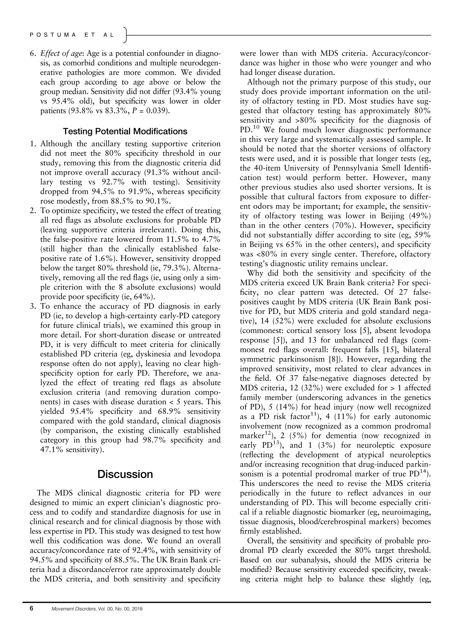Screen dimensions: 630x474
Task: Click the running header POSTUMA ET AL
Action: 72,35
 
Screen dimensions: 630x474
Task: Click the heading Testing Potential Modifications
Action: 125,131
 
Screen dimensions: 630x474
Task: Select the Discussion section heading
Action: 125,474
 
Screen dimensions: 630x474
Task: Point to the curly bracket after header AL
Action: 125,35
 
